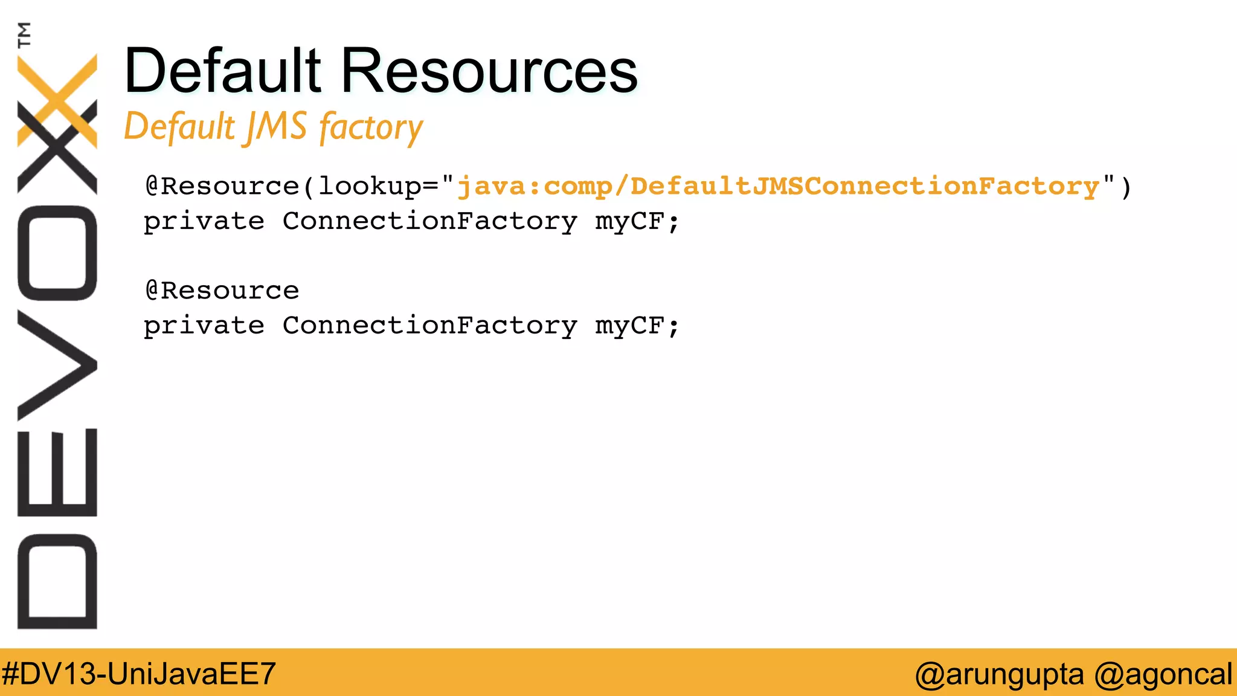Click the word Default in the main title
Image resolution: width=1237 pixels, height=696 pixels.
pos(222,71)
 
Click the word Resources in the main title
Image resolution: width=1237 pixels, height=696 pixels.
pos(489,71)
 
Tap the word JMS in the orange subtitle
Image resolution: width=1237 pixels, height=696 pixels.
pos(276,127)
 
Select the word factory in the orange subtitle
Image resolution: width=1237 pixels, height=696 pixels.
pos(371,128)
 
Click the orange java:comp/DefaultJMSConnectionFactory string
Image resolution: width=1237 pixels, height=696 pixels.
pos(778,186)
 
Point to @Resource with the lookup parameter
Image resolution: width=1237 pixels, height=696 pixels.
pos(222,186)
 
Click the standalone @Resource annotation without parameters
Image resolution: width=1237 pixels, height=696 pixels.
pos(222,291)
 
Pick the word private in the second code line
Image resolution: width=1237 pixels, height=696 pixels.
pos(204,222)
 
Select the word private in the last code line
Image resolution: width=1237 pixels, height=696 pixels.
pos(204,326)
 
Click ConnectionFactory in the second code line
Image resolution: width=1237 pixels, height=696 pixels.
pos(430,222)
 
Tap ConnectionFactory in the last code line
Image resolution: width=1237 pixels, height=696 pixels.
pos(430,326)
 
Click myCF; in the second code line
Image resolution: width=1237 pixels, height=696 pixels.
pos(638,222)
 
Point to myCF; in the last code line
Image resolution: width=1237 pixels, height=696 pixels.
pos(638,326)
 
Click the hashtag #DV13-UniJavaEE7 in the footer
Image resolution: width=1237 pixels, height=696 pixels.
pos(139,673)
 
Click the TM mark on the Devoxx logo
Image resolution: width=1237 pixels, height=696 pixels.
pos(24,34)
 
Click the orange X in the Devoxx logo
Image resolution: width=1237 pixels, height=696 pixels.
pos(57,100)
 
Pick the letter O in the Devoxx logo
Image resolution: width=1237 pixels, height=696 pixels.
pos(57,253)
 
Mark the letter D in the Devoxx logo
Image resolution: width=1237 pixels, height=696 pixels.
pos(57,581)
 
